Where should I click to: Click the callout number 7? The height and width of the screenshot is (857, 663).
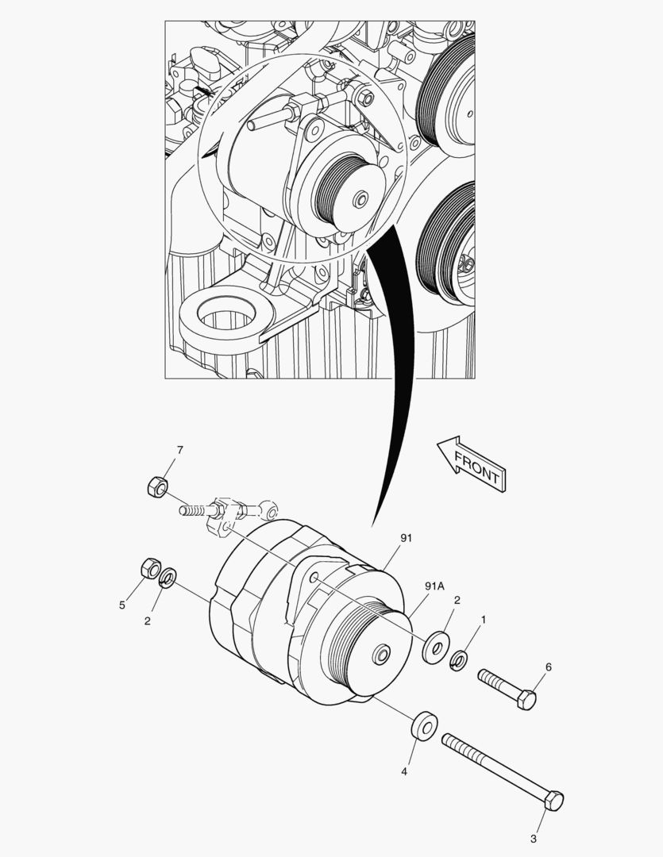(180, 450)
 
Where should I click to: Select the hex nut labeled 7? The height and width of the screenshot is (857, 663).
(157, 486)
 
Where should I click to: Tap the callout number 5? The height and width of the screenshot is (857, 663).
(122, 605)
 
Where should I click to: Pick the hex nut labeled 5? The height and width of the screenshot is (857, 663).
(150, 568)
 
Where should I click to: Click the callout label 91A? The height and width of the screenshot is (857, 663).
(435, 586)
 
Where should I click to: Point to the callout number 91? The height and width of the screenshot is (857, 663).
(406, 538)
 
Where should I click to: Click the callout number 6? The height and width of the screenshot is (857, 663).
(549, 667)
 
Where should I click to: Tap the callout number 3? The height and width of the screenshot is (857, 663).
(534, 839)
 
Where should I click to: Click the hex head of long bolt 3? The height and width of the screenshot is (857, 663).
(553, 800)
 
